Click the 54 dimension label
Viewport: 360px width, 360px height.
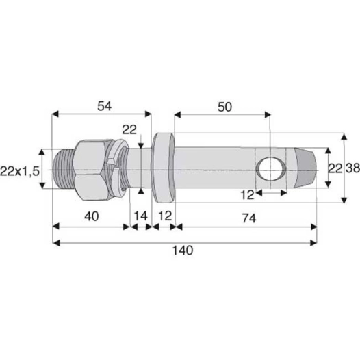(103, 106)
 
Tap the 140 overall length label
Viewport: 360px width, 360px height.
(183, 250)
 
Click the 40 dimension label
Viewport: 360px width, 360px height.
(90, 216)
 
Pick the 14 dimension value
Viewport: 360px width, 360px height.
(140, 216)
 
